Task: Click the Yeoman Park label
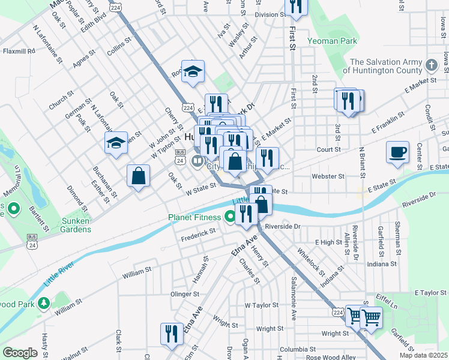pyautogui.click(x=332, y=41)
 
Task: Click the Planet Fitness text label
pyautogui.click(x=196, y=217)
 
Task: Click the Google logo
pyautogui.click(x=19, y=353)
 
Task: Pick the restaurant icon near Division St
pyautogui.click(x=296, y=7)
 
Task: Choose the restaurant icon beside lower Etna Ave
pyautogui.click(x=172, y=334)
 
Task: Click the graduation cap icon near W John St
pyautogui.click(x=116, y=143)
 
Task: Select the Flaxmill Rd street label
pyautogui.click(x=19, y=52)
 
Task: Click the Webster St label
pyautogui.click(x=328, y=176)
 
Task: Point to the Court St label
pyautogui.click(x=328, y=149)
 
